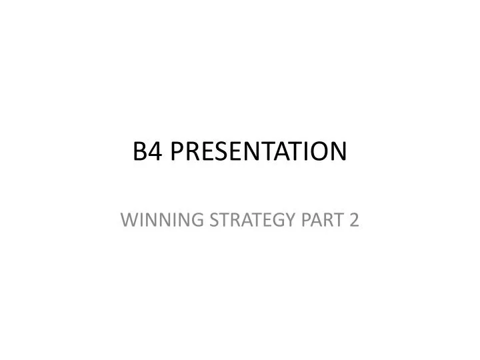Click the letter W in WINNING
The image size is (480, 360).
[128, 219]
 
